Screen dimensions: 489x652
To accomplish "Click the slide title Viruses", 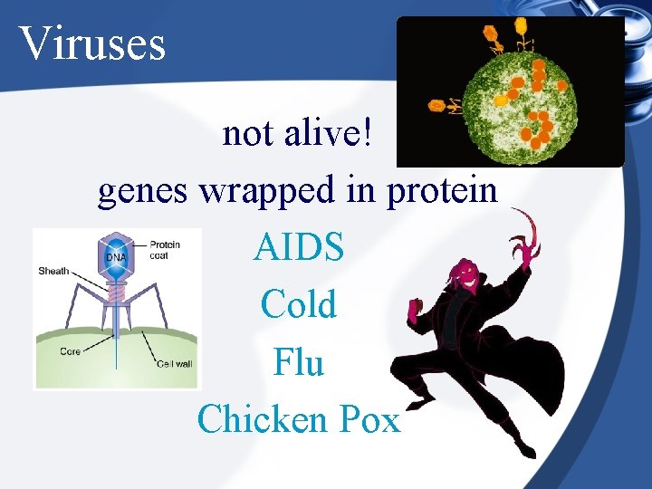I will pos(91,43).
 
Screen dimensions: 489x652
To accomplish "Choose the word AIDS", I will pos(299,247).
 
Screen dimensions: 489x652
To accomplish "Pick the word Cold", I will pos(299,304).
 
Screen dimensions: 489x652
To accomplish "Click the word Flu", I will pos(299,362).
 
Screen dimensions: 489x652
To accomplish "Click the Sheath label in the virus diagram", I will pos(53,271).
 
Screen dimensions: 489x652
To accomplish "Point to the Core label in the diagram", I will pos(71,351).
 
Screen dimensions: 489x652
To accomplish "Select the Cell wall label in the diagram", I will pos(175,364).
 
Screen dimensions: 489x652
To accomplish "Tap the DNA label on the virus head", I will pos(116,257).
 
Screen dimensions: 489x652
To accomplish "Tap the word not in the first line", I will pos(248,134).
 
